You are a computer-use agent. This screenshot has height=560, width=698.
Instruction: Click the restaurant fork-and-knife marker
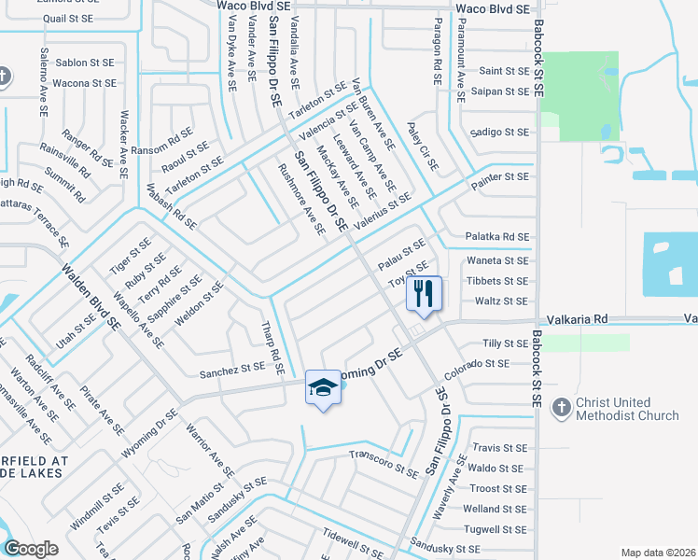point(424,293)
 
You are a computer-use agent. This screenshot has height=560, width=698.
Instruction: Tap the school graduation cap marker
point(323,387)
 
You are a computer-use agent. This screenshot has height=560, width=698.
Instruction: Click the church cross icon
point(560,408)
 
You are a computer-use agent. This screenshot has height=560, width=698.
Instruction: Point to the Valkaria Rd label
point(577,319)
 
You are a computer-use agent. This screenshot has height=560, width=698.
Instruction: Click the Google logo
point(31,549)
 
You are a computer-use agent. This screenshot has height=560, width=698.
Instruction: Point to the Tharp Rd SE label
point(272,347)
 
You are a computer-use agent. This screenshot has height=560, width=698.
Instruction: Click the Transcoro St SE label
point(384,463)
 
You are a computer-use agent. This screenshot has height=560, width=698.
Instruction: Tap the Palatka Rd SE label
point(498,237)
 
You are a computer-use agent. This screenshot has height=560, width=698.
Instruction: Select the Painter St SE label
point(499,176)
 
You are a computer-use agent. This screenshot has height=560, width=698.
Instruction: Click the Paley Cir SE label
point(423,146)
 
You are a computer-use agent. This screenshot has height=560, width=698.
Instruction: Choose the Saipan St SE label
point(504,91)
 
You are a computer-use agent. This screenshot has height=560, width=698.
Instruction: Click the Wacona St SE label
point(84,83)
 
